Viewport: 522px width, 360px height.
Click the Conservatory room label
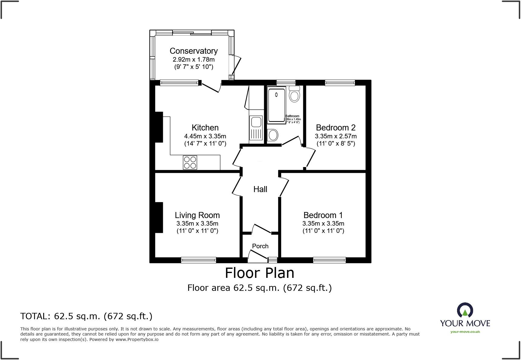(x=193, y=51)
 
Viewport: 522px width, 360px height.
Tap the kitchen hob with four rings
(x=190, y=162)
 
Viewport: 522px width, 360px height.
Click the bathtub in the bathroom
(x=276, y=104)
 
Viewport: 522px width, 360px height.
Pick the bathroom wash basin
(x=273, y=135)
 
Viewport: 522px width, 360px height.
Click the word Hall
(x=260, y=189)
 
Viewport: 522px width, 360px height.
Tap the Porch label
(x=260, y=246)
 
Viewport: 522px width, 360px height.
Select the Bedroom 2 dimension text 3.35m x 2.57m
(x=336, y=136)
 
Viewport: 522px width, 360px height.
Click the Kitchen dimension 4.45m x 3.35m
(x=205, y=136)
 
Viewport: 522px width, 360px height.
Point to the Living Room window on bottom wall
(x=198, y=260)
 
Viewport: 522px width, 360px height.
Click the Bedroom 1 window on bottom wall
(x=329, y=260)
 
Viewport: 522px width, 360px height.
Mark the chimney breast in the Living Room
(x=159, y=217)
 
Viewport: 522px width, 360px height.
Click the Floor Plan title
(x=259, y=273)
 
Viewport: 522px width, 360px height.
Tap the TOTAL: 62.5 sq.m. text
(x=86, y=316)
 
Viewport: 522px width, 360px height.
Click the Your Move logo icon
(x=465, y=310)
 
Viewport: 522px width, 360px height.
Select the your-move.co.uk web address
(x=465, y=332)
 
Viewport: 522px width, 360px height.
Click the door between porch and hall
(x=262, y=229)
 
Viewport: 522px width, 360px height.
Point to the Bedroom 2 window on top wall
(x=340, y=82)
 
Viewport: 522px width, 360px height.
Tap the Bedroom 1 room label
(x=323, y=215)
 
